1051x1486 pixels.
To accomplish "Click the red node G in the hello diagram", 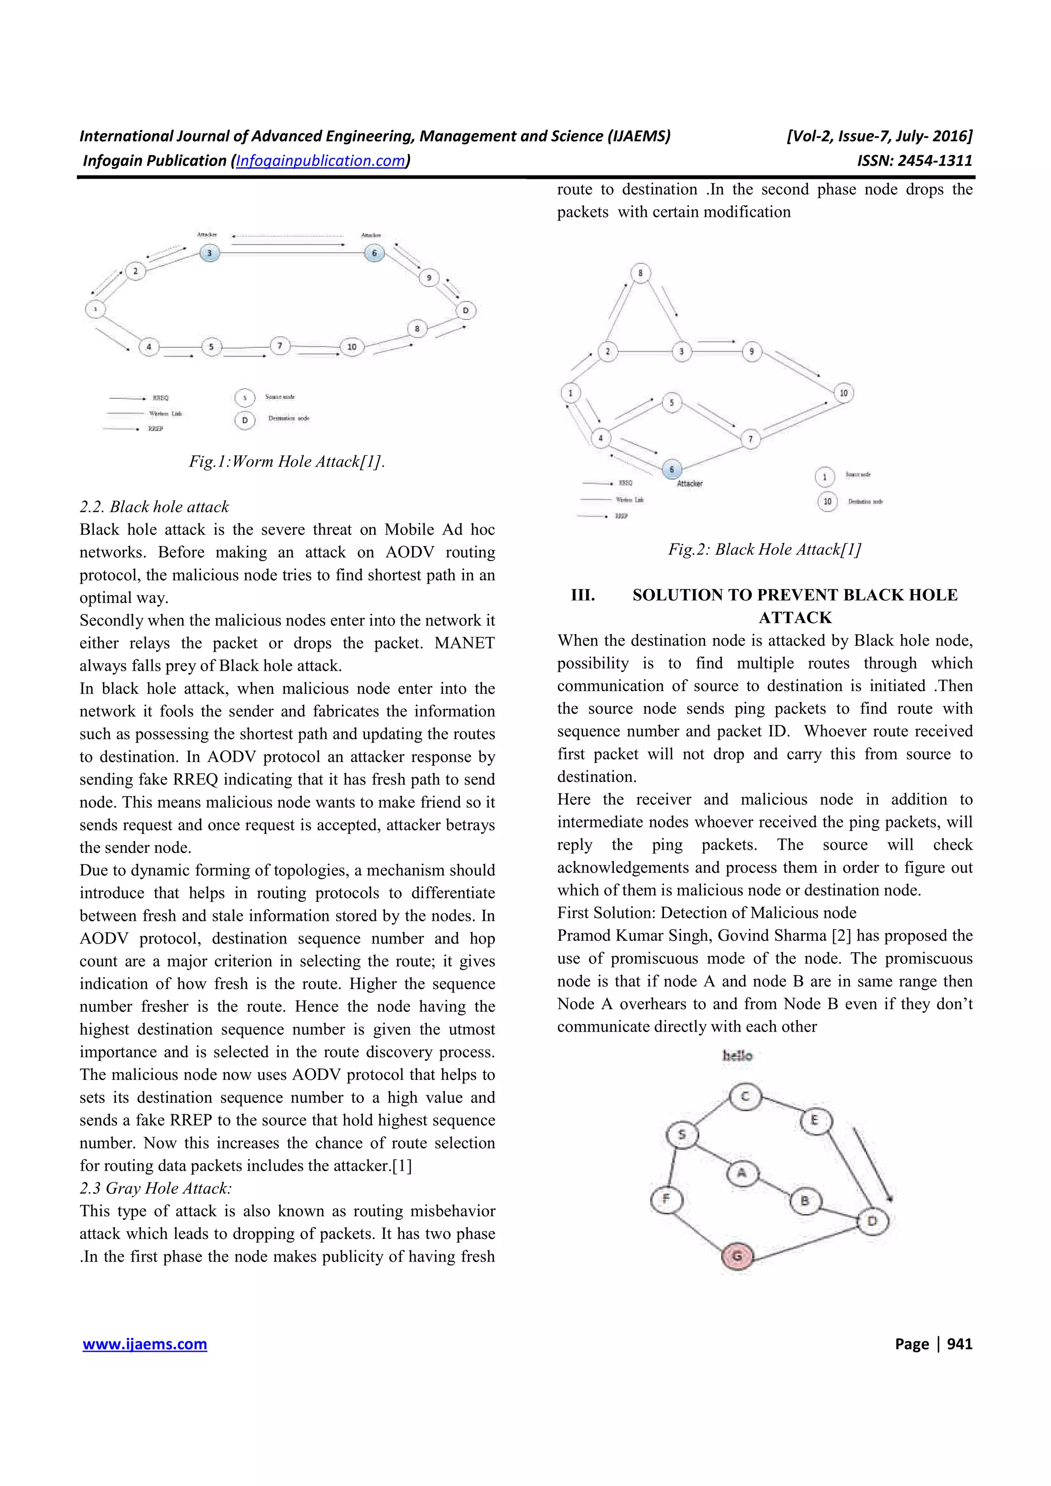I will tap(737, 1256).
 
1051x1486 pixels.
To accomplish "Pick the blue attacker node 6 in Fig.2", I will tap(672, 469).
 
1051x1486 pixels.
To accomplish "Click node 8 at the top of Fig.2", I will tap(640, 273).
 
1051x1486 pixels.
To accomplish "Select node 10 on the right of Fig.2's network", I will tap(843, 393).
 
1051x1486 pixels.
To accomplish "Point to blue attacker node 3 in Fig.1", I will tap(209, 253).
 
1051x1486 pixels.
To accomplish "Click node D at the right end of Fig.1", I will tap(465, 311).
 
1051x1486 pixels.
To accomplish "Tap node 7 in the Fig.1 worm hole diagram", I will tap(280, 346).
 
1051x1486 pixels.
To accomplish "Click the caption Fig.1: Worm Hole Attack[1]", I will tap(287, 461).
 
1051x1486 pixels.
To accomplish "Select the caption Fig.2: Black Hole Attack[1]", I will tap(764, 550).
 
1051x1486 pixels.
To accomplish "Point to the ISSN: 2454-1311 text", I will tap(914, 160).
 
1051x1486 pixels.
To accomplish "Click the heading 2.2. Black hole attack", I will tap(154, 507).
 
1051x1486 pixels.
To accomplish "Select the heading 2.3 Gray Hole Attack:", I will tap(155, 1188).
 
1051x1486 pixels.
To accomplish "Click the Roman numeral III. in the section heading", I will tap(583, 595).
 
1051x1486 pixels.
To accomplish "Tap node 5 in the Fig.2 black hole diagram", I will tap(672, 403).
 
